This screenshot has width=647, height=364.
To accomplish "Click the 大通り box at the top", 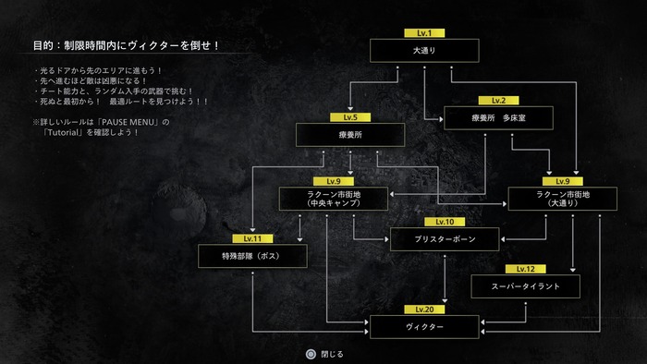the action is (x=424, y=51).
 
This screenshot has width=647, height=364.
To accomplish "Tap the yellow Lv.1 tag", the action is (x=424, y=33).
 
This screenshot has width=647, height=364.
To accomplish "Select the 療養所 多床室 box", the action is (x=498, y=118).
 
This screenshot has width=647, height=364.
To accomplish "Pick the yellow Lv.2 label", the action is (x=498, y=100).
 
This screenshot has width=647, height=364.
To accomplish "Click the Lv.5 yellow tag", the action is (x=350, y=117).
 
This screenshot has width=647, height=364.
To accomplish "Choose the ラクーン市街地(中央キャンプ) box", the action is (x=334, y=199).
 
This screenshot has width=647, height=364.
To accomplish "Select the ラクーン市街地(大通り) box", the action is (x=562, y=199).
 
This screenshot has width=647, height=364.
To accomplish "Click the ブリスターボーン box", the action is (x=445, y=239).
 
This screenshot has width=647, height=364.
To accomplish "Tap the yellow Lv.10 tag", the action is (x=445, y=222).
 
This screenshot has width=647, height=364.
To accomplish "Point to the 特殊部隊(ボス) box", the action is (x=252, y=256).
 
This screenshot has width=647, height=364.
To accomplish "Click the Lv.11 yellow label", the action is (x=252, y=238).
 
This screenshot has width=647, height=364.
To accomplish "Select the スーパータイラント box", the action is (x=525, y=286).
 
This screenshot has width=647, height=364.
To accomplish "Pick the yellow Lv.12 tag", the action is (x=525, y=269).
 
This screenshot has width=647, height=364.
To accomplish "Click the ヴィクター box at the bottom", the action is (x=424, y=327).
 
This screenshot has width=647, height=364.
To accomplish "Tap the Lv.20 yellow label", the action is (x=424, y=309).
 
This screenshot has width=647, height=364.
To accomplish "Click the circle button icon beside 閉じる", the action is (x=311, y=354).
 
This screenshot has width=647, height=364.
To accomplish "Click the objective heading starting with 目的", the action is (x=127, y=45).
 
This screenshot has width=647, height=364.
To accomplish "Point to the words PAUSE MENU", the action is (x=130, y=122).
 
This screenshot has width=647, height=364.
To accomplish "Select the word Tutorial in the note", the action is (x=63, y=132).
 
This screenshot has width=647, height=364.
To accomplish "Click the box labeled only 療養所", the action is (x=350, y=135).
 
